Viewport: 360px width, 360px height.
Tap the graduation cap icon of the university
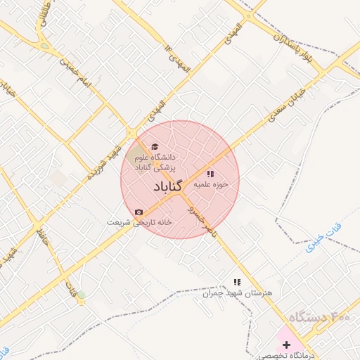pyautogui.click(x=155, y=146)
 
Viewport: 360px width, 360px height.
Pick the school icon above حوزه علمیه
pyautogui.click(x=210, y=173)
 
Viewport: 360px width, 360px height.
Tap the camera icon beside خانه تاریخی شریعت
pyautogui.click(x=139, y=212)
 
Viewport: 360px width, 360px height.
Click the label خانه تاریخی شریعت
pyautogui.click(x=150, y=221)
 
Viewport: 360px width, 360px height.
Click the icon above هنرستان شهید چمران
pyautogui.click(x=236, y=282)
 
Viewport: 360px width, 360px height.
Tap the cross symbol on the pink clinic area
pyautogui.click(x=286, y=345)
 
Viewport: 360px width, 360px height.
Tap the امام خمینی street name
pyautogui.click(x=75, y=73)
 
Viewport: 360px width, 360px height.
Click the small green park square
pyautogui.click(x=81, y=294)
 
